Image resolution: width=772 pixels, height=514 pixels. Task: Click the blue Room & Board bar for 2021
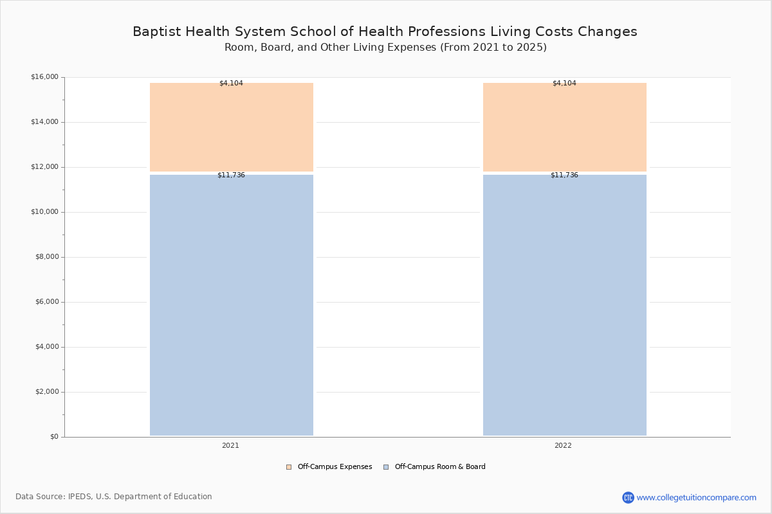(232, 305)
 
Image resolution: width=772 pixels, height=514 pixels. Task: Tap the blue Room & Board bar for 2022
(565, 305)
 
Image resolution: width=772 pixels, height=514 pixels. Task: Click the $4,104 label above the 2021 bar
(231, 83)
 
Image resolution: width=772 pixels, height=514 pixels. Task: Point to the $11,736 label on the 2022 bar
(564, 175)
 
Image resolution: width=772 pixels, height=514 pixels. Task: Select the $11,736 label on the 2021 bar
(231, 175)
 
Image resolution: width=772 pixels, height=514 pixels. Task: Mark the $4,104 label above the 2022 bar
(564, 83)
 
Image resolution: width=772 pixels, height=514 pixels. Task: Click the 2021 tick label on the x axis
(230, 445)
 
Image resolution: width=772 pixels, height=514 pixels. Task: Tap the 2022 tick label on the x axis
(563, 445)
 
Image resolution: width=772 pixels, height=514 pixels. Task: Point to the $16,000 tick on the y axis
(44, 77)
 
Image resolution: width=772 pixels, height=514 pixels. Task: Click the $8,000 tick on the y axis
(46, 257)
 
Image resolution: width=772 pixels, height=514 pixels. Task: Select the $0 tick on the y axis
(54, 437)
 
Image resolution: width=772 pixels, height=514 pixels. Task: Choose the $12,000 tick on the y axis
(44, 167)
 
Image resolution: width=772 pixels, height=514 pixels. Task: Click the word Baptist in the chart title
(155, 31)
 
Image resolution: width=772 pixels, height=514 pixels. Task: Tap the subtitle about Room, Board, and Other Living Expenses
(385, 48)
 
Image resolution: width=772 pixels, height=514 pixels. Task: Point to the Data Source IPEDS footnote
(114, 497)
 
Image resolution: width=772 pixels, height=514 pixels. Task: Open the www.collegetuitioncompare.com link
(696, 497)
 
